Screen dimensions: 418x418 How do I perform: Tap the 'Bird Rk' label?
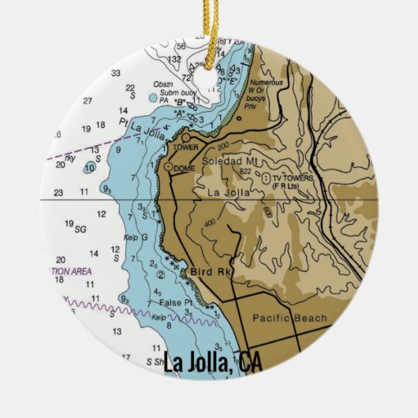click(207, 272)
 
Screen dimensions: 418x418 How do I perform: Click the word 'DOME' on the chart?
click(185, 167)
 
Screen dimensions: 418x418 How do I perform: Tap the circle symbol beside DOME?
click(168, 167)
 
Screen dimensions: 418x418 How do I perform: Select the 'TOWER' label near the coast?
click(186, 147)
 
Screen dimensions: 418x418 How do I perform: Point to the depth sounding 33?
click(115, 73)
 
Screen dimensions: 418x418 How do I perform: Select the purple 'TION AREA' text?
click(72, 271)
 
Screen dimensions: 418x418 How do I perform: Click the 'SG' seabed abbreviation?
click(80, 229)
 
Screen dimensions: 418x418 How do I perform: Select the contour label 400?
click(210, 223)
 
